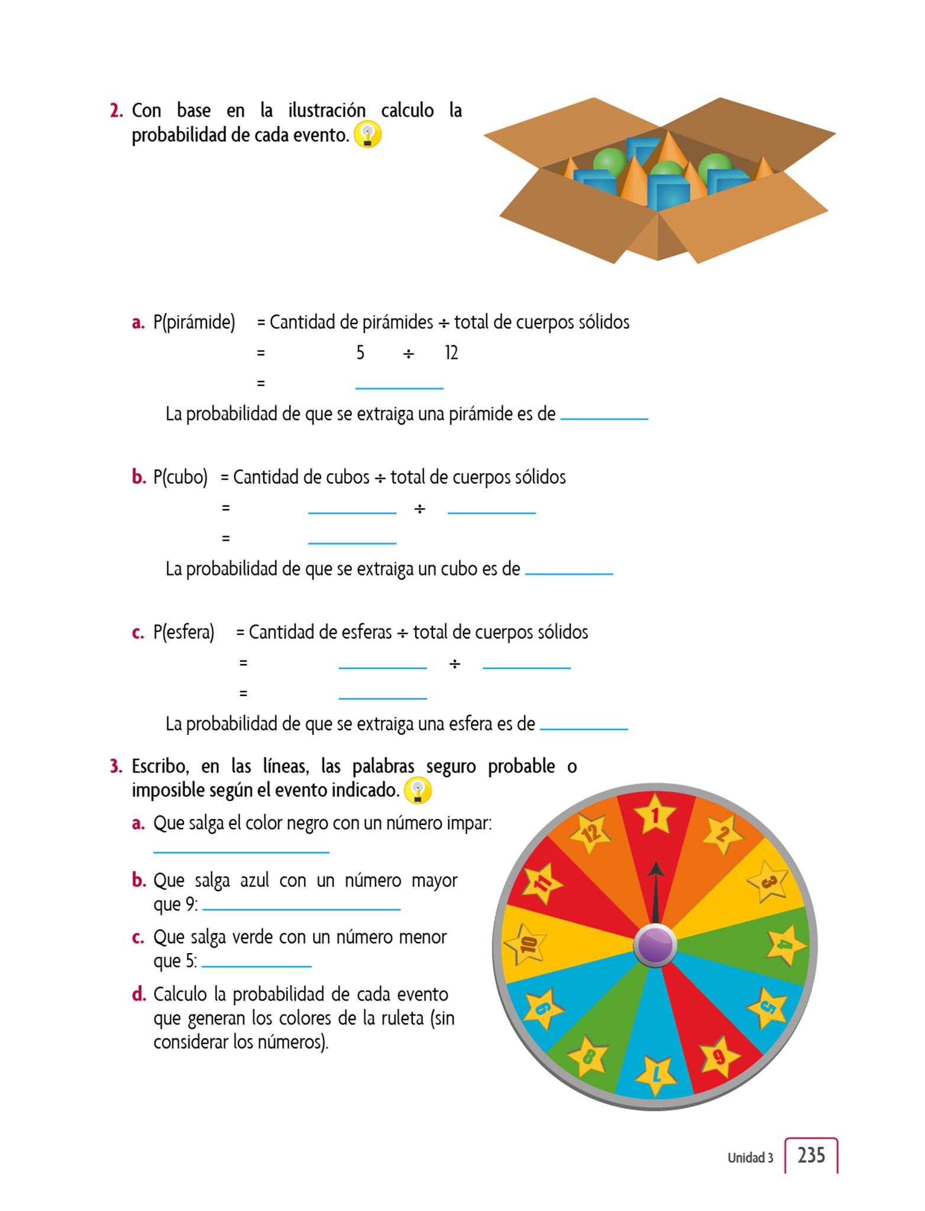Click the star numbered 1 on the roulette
click(655, 815)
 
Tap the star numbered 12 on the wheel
click(590, 833)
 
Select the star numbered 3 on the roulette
click(768, 882)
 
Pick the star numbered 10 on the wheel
click(526, 944)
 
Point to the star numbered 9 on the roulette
click(719, 1056)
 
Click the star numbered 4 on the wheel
click(785, 945)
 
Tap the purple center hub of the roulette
click(655, 945)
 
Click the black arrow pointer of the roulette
click(655, 893)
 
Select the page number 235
click(811, 1154)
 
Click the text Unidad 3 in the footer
click(750, 1157)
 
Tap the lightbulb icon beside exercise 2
click(367, 135)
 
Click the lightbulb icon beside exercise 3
click(418, 791)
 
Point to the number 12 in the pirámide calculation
click(451, 353)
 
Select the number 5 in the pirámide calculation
click(360, 353)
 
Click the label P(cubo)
click(180, 477)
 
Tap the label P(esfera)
click(183, 632)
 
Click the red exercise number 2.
click(116, 111)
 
